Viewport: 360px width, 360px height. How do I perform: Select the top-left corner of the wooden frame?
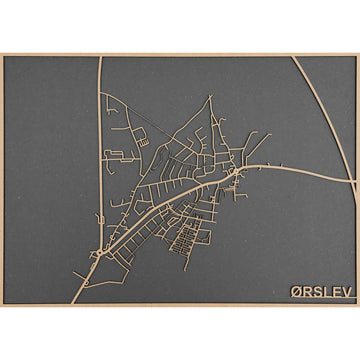[x=3, y=56]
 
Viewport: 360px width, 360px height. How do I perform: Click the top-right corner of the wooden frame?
[x=356, y=56]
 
